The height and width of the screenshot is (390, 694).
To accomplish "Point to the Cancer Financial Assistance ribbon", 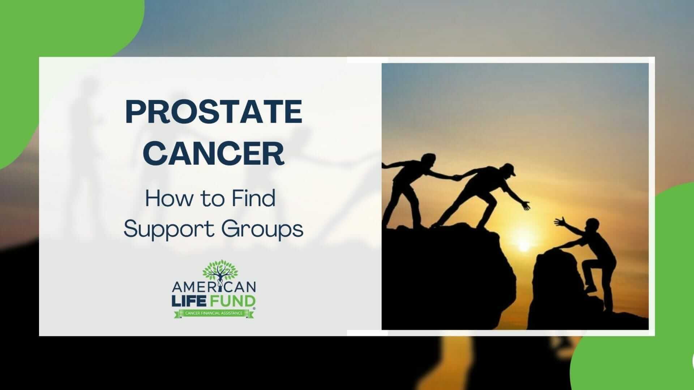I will [x=214, y=313].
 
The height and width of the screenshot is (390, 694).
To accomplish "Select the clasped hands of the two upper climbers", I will [x=457, y=177].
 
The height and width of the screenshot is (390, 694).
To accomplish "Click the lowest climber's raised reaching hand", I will [x=561, y=221].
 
